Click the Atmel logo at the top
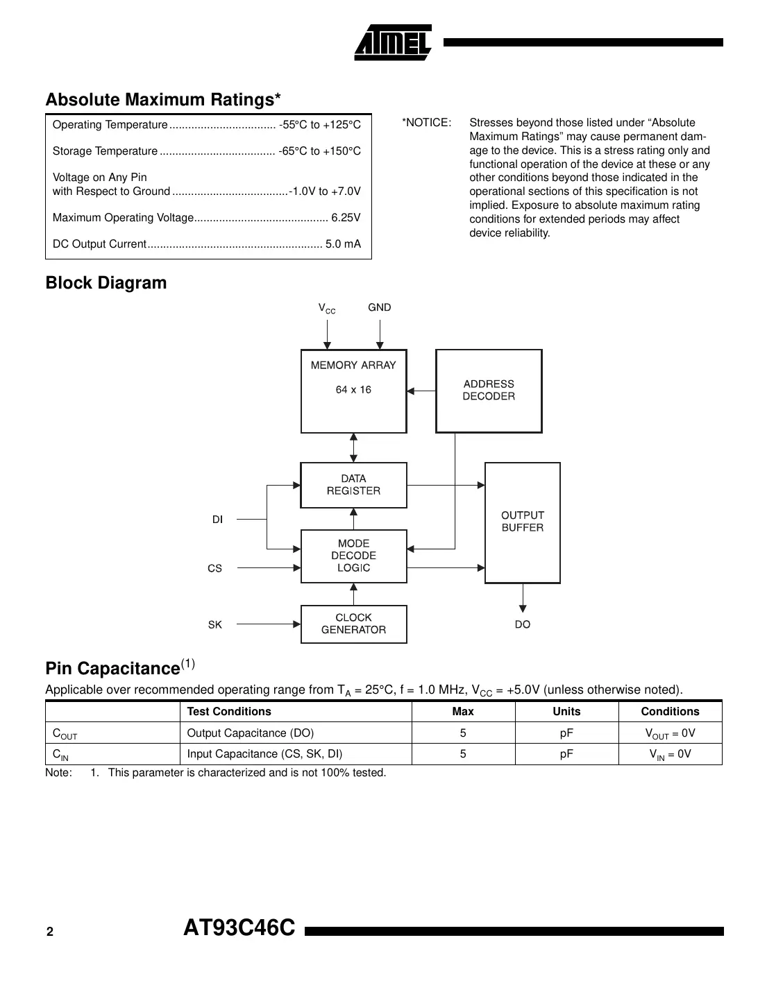coord(393,42)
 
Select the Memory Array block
coord(353,391)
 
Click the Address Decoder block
coord(489,391)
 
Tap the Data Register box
coord(353,485)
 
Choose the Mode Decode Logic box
coord(353,556)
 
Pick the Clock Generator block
coord(353,624)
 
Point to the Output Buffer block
coord(522,522)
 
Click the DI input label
coord(217,520)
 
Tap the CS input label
coord(214,568)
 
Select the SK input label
coord(214,625)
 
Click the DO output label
coord(522,625)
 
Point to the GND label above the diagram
coord(379,307)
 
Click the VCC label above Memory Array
coord(326,308)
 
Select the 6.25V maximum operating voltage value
coord(346,218)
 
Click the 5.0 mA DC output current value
coord(343,244)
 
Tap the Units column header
coord(566,712)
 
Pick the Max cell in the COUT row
coord(463,733)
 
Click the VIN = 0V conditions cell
coord(670,754)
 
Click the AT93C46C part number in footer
coord(239,928)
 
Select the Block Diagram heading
coord(106,283)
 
